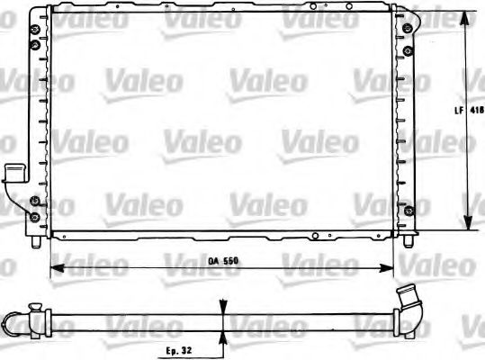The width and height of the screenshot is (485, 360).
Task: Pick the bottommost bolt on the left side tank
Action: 34,216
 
